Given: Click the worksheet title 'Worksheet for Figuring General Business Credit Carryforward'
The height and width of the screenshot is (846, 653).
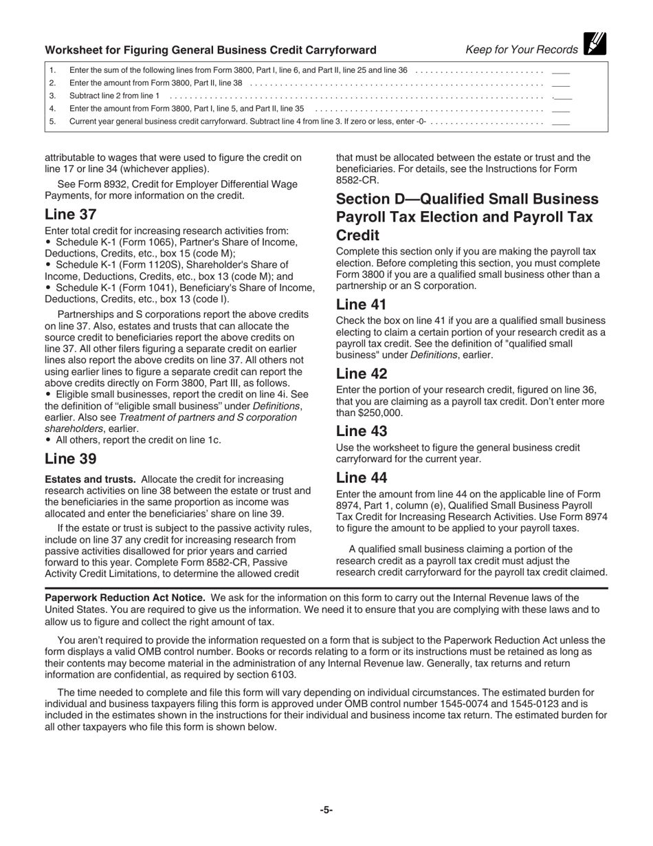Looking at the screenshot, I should click(210, 50).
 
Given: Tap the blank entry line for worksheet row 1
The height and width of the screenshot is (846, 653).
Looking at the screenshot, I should click(561, 70).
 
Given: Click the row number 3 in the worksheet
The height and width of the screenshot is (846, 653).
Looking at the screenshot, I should click(52, 96).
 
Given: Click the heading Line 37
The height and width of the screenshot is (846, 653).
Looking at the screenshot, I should click(71, 215).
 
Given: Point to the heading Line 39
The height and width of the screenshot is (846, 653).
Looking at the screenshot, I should click(71, 459).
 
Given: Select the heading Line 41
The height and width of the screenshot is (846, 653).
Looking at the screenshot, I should click(362, 305).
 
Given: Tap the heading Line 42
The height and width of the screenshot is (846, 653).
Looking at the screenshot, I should click(362, 374).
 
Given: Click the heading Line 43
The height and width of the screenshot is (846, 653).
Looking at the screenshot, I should click(362, 431).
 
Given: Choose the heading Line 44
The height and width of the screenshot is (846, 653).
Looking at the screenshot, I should click(362, 478).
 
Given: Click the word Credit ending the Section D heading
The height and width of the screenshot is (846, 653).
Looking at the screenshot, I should click(356, 235).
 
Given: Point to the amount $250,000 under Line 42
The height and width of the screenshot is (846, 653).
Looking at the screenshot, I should click(377, 413).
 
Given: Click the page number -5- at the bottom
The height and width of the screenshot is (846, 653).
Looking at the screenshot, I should click(326, 810).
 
